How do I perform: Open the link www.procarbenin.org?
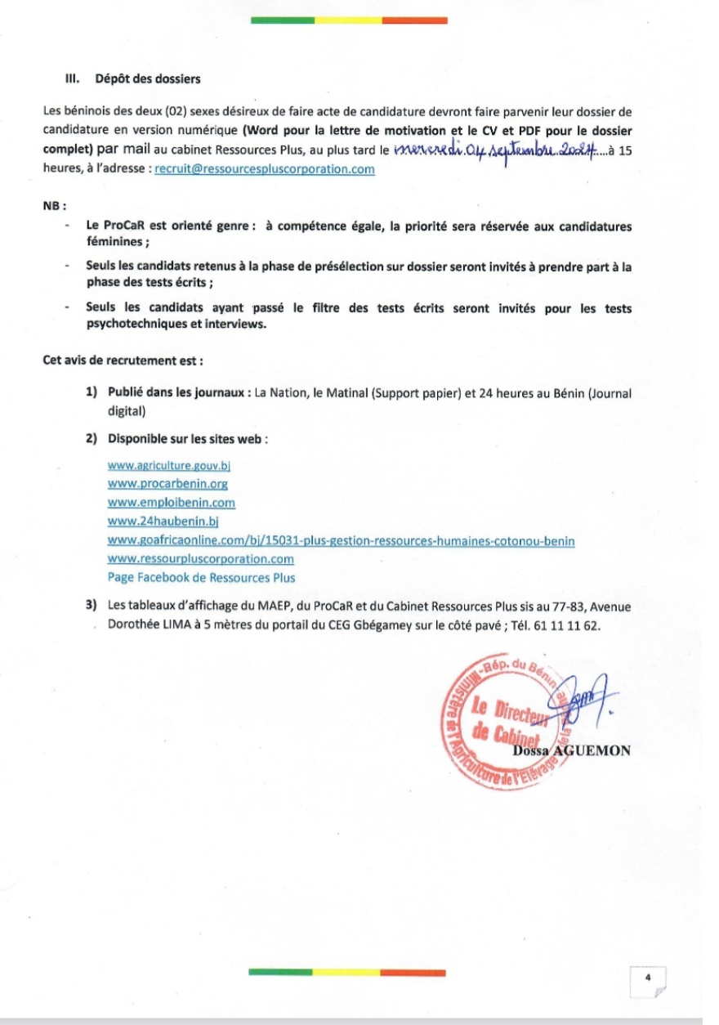click(x=167, y=484)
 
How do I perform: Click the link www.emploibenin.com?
click(x=171, y=503)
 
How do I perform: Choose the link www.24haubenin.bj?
click(x=160, y=521)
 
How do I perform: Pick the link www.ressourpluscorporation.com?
click(x=200, y=559)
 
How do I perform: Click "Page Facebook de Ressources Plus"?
click(x=201, y=578)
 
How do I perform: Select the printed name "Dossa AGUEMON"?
click(x=572, y=751)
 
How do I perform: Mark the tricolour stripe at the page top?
click(x=348, y=20)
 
